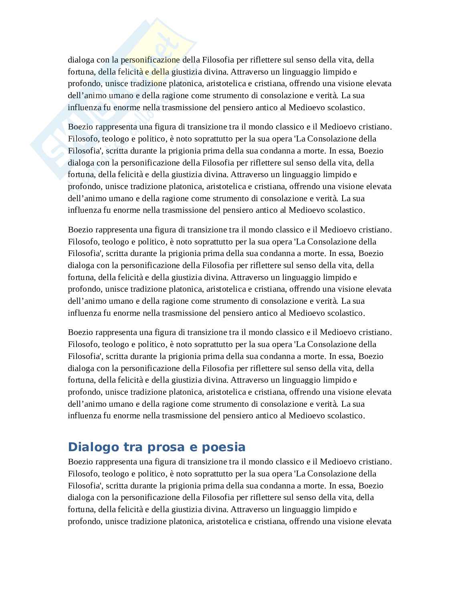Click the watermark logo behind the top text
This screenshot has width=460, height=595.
coord(112,100)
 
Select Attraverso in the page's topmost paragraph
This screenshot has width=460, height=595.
coord(250,72)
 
